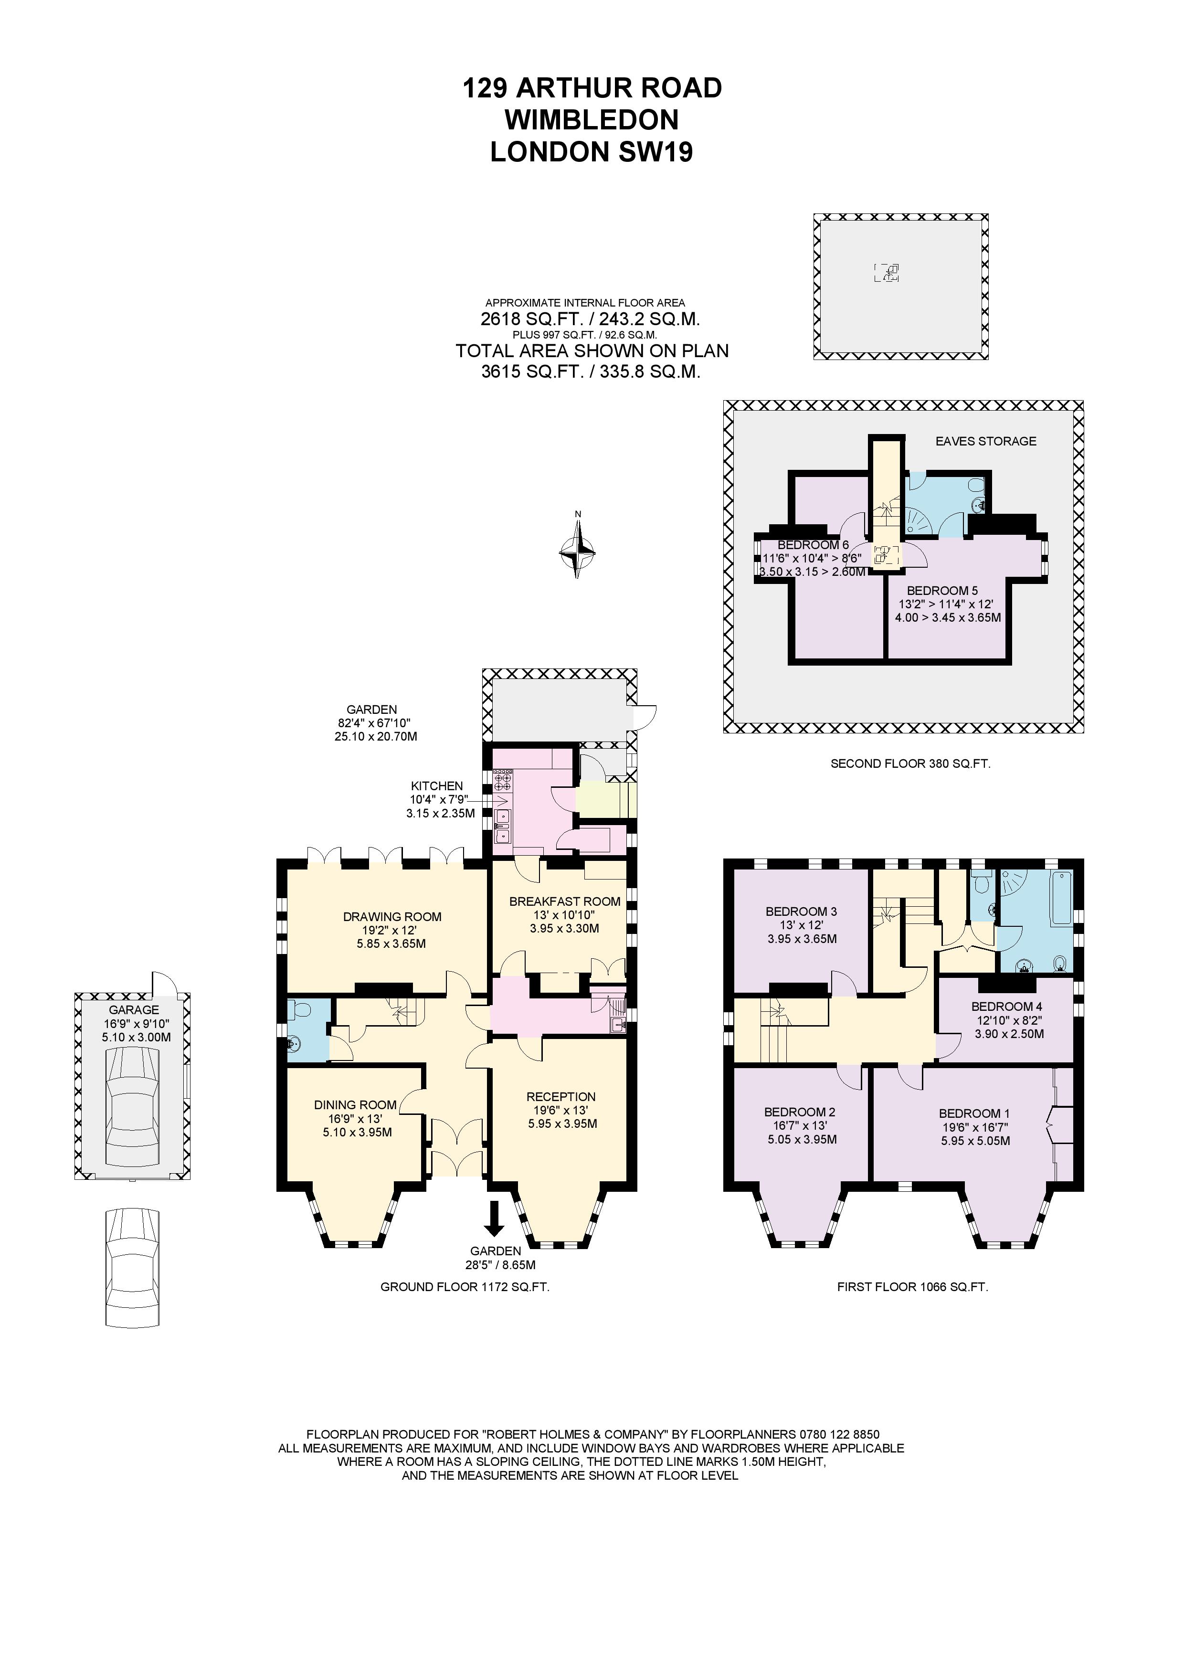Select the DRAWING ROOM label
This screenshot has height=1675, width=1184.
pos(392,916)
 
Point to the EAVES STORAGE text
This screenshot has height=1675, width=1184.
pos(985,441)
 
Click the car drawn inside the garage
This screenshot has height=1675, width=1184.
pos(132,1107)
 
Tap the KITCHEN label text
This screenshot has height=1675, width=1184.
pos(437,786)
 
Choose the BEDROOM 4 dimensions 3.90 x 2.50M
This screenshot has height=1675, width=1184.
pos(1007,1034)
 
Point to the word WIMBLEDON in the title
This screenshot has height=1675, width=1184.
pos(592,120)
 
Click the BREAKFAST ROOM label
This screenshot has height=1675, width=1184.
pos(565,901)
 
